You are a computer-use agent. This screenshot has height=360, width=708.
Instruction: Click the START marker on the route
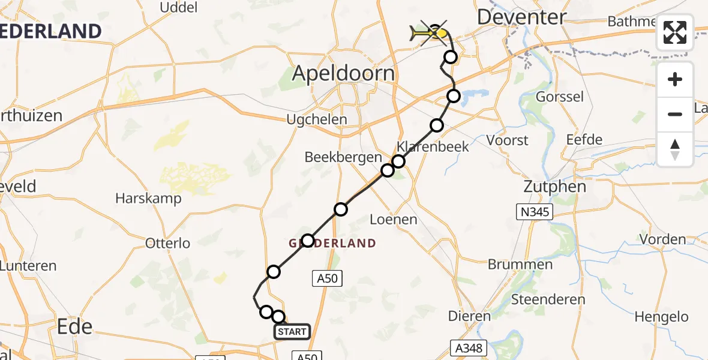click(292, 332)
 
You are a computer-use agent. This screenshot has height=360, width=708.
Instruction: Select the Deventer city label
click(521, 17)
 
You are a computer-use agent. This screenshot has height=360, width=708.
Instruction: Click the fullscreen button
click(675, 32)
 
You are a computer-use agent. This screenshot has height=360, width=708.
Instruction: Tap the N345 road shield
click(534, 211)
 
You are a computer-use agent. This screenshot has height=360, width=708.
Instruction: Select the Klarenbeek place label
click(433, 146)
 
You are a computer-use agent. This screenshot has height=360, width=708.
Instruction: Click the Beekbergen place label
click(343, 157)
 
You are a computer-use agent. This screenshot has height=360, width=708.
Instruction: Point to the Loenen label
click(393, 220)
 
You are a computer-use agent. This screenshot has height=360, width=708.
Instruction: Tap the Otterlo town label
click(168, 243)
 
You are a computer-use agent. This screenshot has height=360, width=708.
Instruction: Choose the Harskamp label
click(148, 199)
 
